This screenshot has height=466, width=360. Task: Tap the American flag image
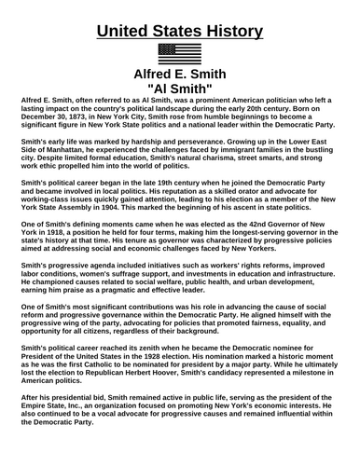click(180, 53)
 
